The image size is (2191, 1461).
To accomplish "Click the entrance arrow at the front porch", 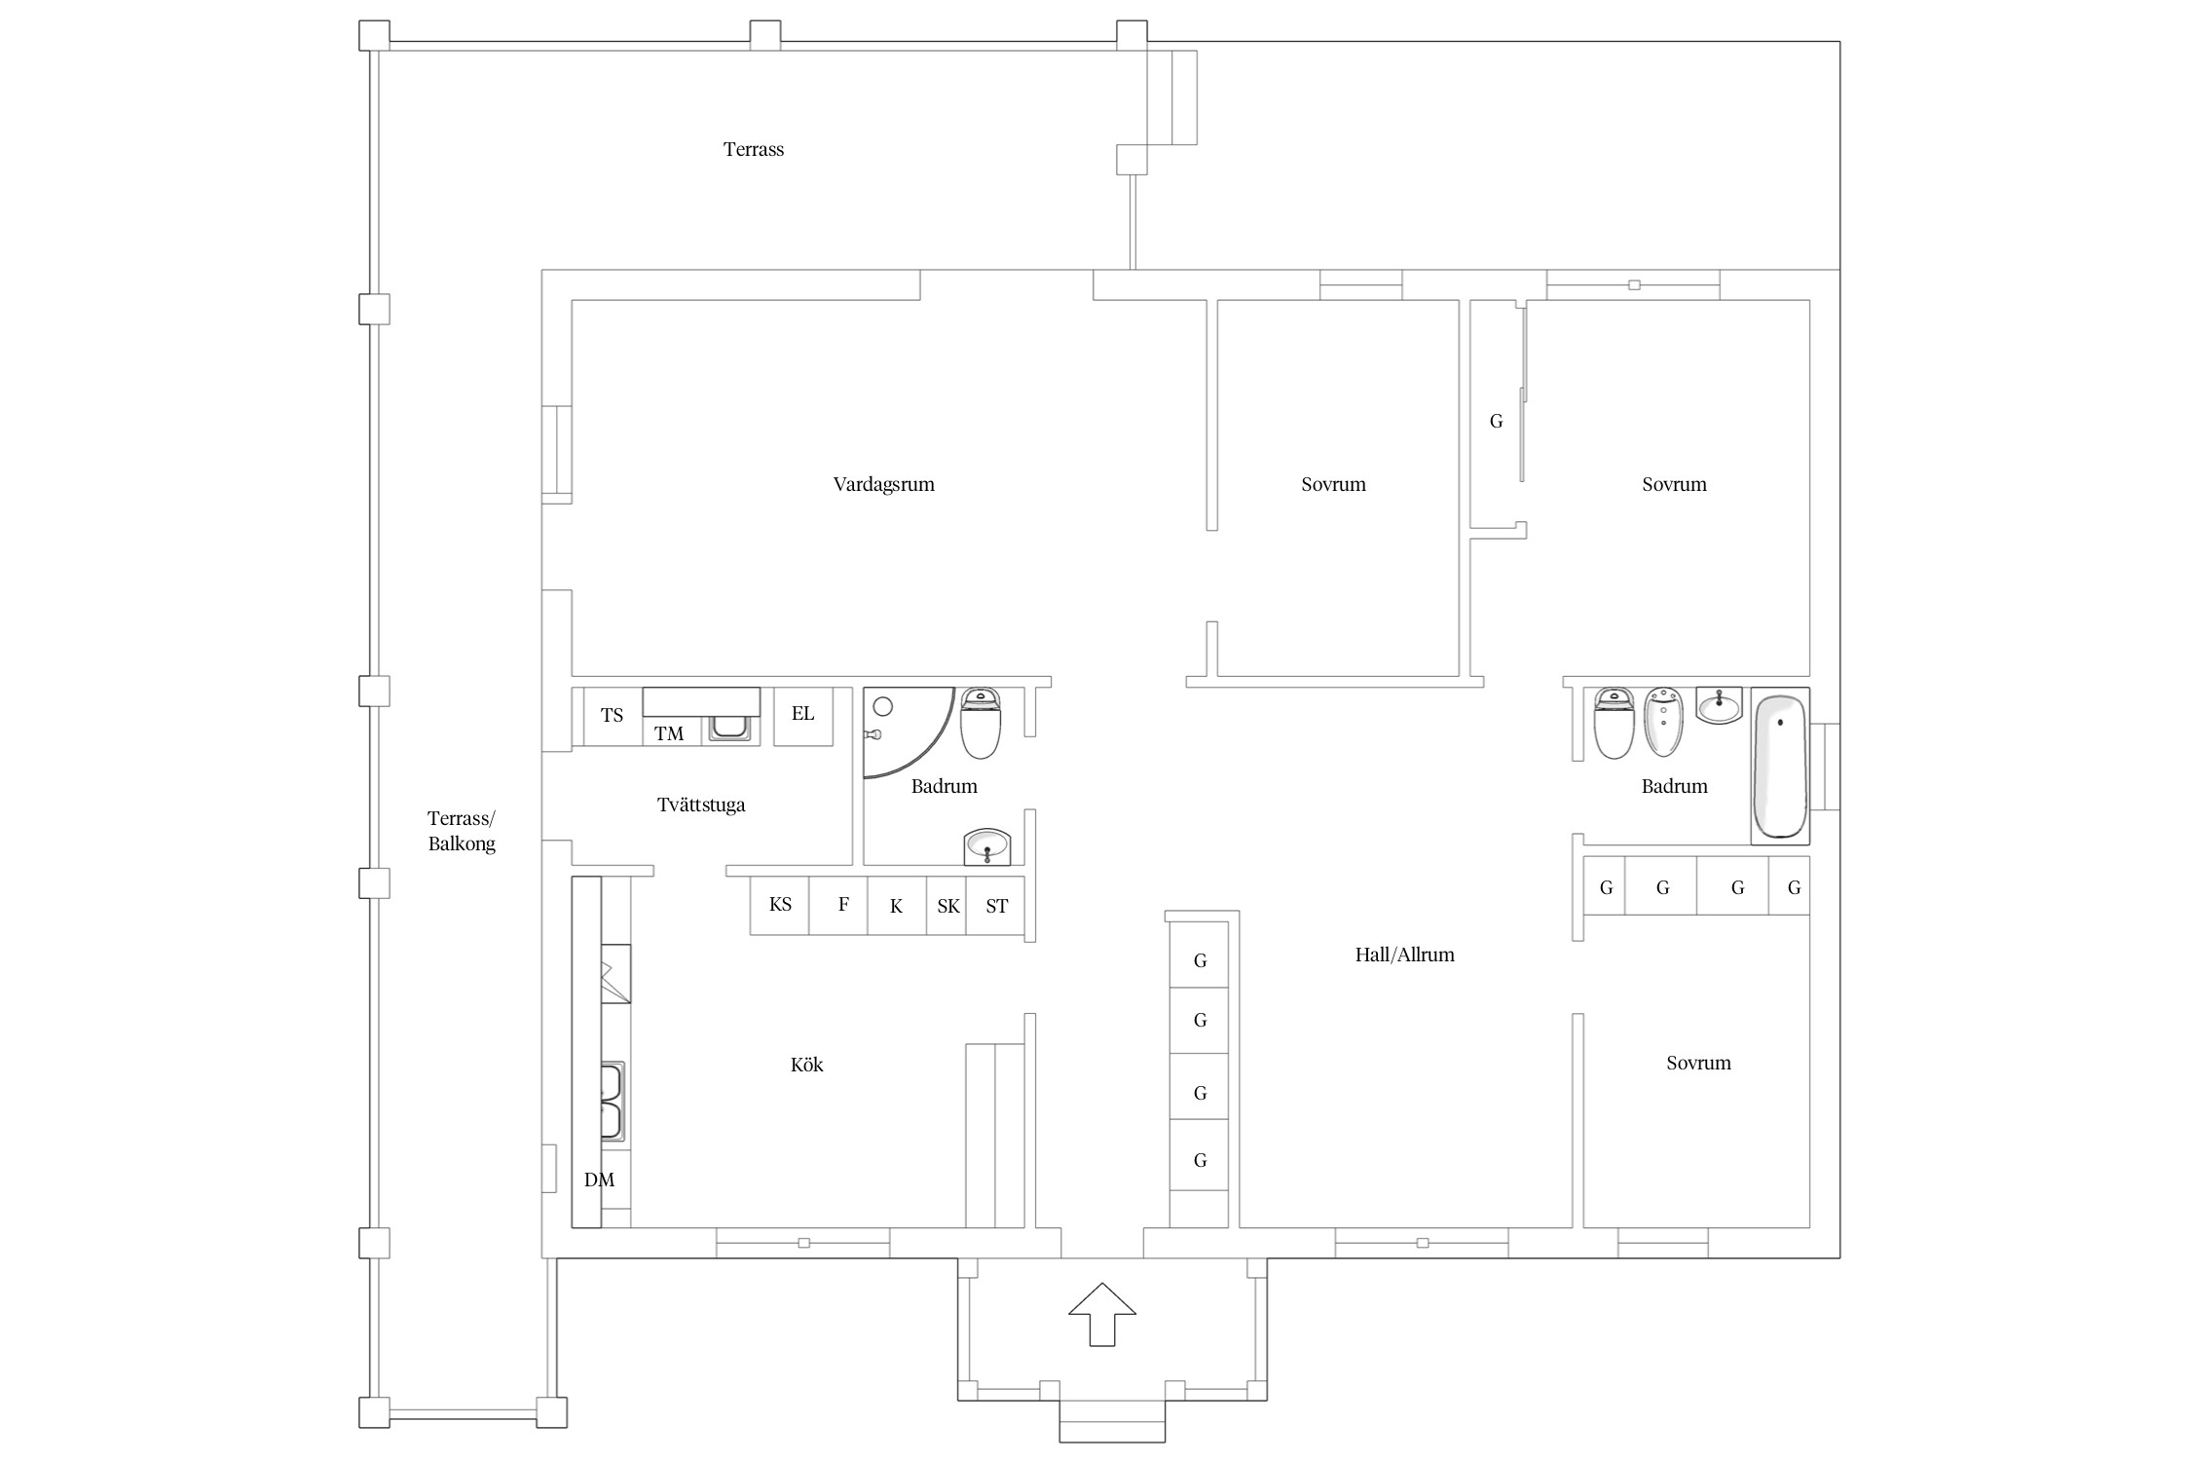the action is [x=1101, y=1314].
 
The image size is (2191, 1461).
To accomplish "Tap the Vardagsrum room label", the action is [x=883, y=484].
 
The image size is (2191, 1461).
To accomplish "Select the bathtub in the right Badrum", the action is [x=1779, y=766].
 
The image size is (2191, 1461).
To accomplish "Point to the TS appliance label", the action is [x=612, y=715].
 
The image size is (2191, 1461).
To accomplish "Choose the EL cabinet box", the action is [x=803, y=717].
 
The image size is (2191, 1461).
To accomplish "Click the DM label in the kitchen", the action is [x=599, y=1180].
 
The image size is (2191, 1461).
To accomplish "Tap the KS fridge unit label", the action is [x=780, y=905].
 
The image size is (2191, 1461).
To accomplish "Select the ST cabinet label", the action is [x=996, y=907].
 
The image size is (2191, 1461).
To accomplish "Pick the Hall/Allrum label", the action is [x=1404, y=955].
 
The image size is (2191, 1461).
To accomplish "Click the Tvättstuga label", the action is [x=701, y=805].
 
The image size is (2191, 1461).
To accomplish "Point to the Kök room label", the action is [x=806, y=1065].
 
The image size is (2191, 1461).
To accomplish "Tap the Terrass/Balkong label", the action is [x=462, y=831].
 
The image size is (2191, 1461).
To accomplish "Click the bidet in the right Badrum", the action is [x=1663, y=722].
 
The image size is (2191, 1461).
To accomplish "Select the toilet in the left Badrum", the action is [x=981, y=723].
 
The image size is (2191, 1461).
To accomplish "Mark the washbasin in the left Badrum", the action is [x=987, y=846].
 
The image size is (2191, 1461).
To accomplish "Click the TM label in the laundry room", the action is [x=669, y=733].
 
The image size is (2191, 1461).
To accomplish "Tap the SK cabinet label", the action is [x=947, y=907].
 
